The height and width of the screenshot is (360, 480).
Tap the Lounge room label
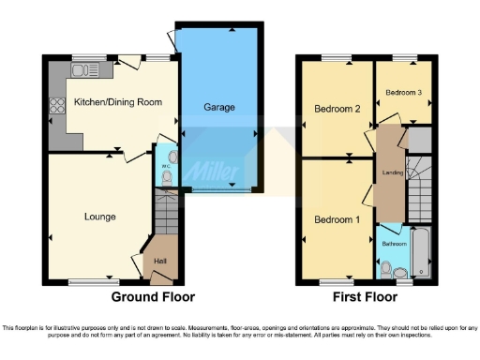pyautogui.click(x=99, y=217)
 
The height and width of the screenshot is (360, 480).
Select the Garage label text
pyautogui.click(x=219, y=107)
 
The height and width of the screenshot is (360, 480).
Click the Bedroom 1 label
pyautogui.click(x=335, y=220)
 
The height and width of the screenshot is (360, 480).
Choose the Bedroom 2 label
pyautogui.click(x=337, y=109)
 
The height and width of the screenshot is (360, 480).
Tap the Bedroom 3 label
pyautogui.click(x=403, y=92)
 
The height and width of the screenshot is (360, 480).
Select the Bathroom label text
pyautogui.click(x=394, y=245)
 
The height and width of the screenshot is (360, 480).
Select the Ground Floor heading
pyautogui.click(x=153, y=296)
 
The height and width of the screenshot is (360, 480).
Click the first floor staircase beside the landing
pyautogui.click(x=419, y=187)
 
